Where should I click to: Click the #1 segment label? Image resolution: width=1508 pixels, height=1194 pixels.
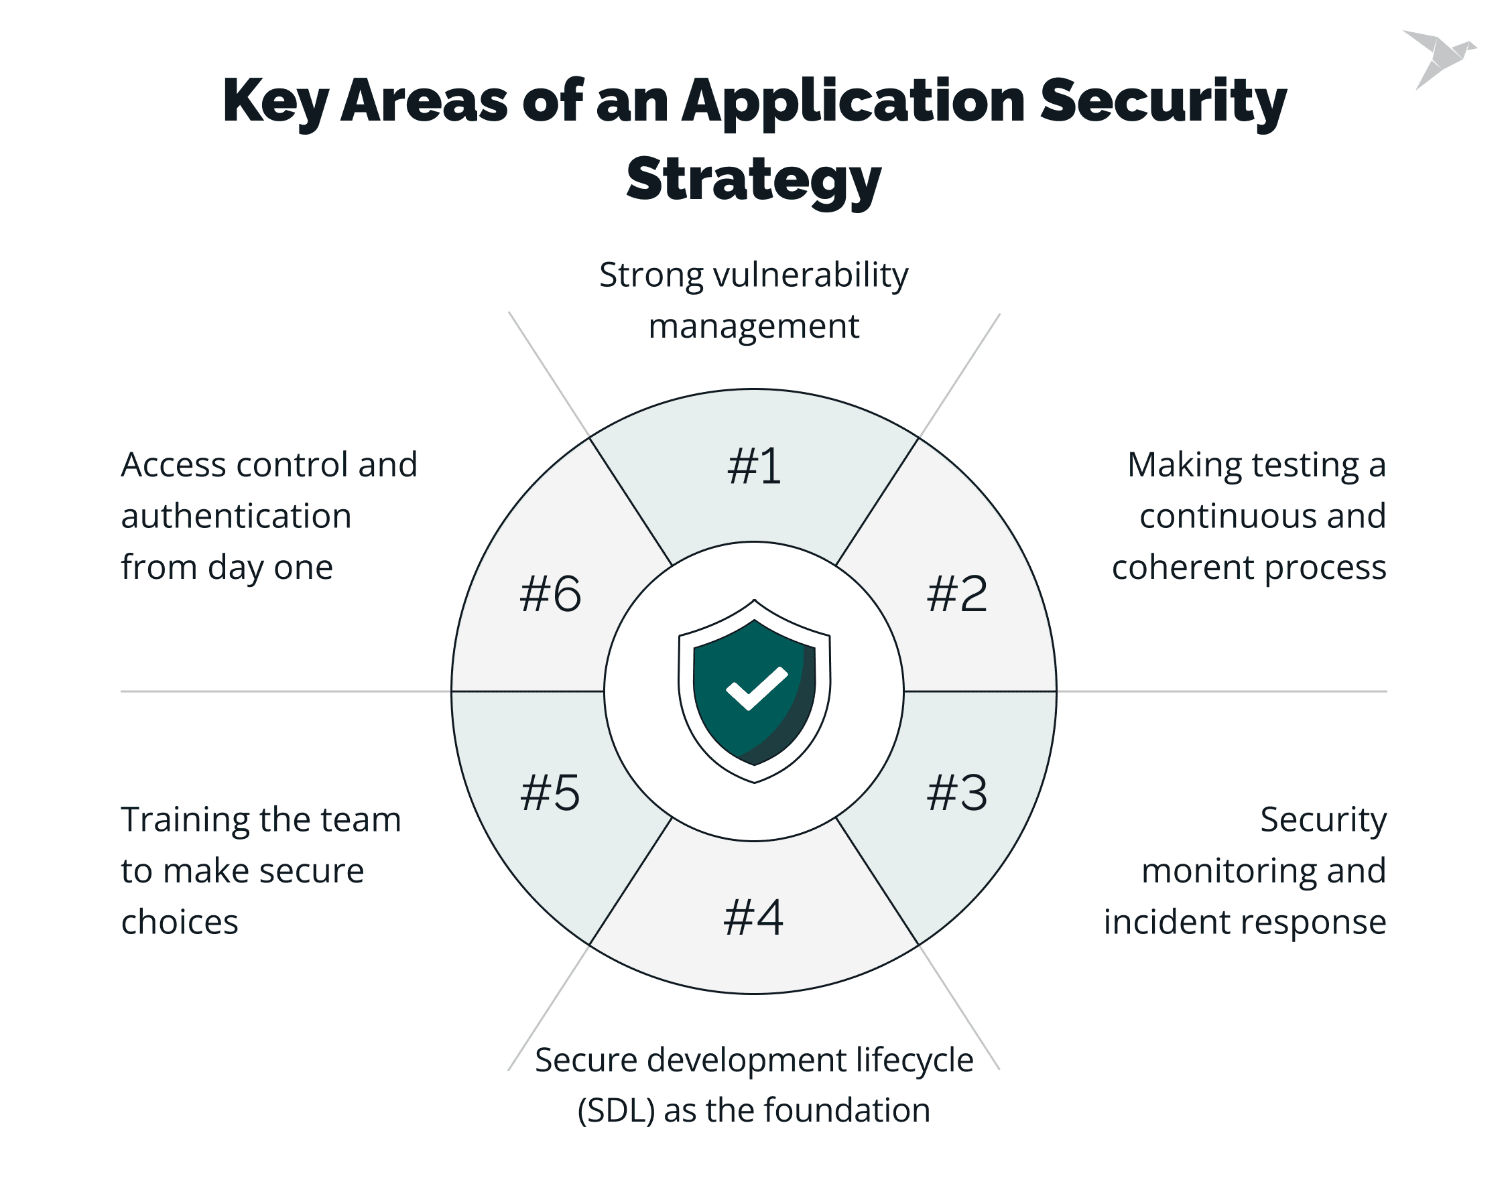(753, 466)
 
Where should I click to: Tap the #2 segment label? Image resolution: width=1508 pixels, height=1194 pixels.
(956, 594)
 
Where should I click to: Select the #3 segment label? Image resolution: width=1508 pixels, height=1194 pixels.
(956, 793)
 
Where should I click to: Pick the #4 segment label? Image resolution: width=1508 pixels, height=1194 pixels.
(753, 917)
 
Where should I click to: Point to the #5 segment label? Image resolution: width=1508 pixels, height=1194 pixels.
(550, 793)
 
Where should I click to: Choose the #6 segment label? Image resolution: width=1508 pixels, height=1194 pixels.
(550, 594)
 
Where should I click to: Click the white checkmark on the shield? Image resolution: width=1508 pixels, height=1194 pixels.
(756, 688)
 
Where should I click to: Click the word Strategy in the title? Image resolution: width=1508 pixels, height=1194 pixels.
(753, 180)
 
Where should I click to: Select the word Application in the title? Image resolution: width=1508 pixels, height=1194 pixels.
(854, 101)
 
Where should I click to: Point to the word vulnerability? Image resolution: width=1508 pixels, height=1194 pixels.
(810, 275)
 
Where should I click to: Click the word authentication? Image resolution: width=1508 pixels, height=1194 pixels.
(236, 517)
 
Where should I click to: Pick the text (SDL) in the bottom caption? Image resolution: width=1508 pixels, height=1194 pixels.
(616, 1111)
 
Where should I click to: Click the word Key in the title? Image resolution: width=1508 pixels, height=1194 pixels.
(275, 101)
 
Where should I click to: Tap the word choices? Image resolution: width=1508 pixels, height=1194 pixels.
(180, 922)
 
